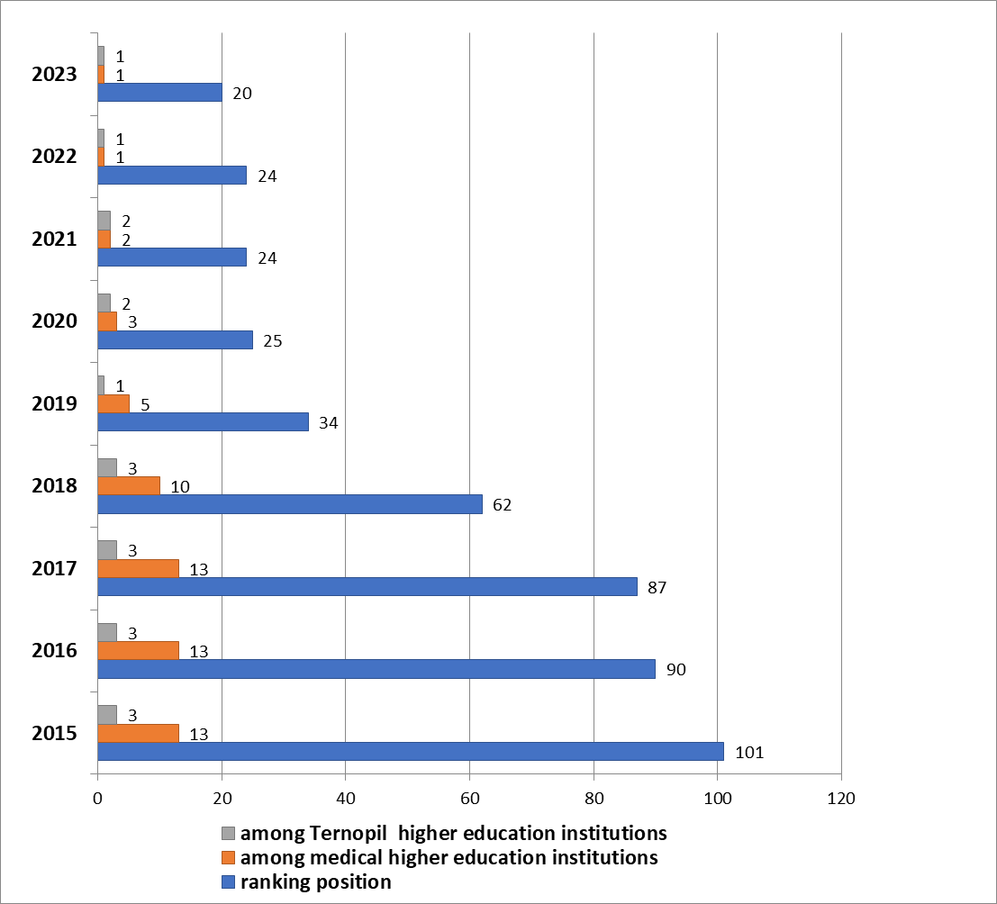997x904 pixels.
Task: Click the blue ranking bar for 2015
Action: pos(410,751)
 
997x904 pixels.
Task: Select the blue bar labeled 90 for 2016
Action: pos(376,668)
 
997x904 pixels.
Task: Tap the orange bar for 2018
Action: pos(129,485)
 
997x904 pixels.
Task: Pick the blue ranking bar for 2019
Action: pos(203,421)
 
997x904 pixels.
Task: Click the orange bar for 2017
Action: pos(138,568)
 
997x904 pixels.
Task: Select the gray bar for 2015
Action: pos(107,715)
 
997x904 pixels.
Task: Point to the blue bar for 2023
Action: pos(159,92)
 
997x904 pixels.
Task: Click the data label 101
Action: pos(748,752)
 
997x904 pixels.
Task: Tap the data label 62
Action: pos(502,505)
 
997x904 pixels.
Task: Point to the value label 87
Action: pos(657,588)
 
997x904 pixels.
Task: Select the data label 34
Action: pos(328,422)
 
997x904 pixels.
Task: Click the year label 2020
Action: pos(54,321)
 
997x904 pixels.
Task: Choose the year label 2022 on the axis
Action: pos(54,157)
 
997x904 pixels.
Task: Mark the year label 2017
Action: pos(54,569)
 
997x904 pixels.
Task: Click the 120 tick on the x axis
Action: pos(841,798)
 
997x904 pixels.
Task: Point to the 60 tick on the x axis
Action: pos(469,798)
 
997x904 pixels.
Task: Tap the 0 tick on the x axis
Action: pos(97,798)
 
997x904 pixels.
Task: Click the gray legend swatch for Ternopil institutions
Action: pos(228,832)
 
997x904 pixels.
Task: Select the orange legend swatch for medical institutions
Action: pos(228,857)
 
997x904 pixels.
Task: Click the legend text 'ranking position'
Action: pos(315,882)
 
